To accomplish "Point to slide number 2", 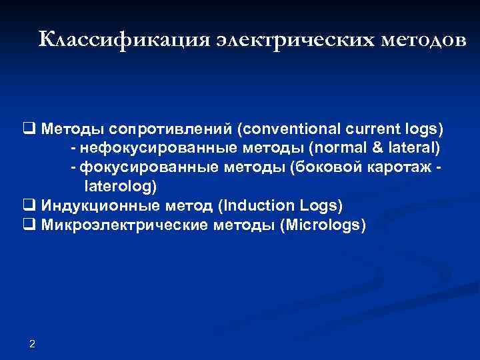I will [x=33, y=343].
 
